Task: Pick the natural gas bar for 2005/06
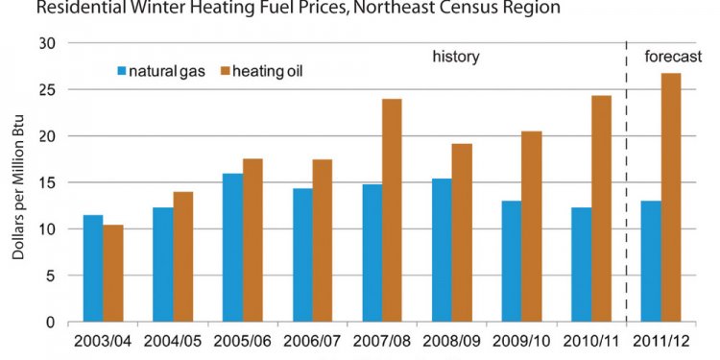tap(231, 247)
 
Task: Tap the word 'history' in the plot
tap(455, 57)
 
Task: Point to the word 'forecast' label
tap(673, 57)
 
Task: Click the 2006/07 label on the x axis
tap(311, 342)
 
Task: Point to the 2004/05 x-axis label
tap(172, 342)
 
